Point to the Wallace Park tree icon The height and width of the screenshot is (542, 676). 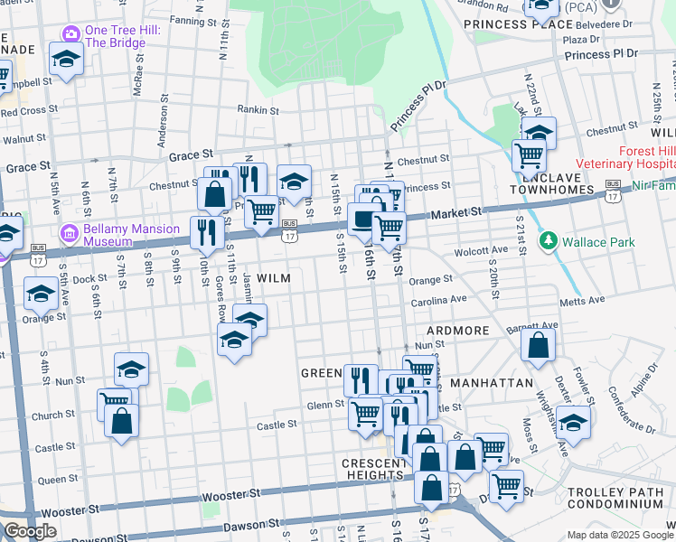pos(546,242)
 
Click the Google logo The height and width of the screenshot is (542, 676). pos(30,531)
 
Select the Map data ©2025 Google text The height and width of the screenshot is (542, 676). pos(620,535)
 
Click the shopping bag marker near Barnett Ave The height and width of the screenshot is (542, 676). pos(538,345)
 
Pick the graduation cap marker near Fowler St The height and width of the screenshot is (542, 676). pos(573,421)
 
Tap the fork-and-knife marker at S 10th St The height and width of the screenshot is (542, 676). pos(207,233)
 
